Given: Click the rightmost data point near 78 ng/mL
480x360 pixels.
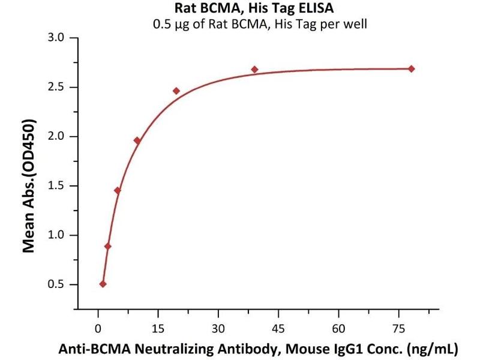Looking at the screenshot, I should pyautogui.click(x=411, y=69).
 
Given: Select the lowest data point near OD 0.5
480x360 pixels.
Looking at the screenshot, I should pyautogui.click(x=103, y=284).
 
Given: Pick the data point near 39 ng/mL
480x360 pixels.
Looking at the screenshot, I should pyautogui.click(x=254, y=70).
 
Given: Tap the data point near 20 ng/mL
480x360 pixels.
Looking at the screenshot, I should pyautogui.click(x=176, y=91).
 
